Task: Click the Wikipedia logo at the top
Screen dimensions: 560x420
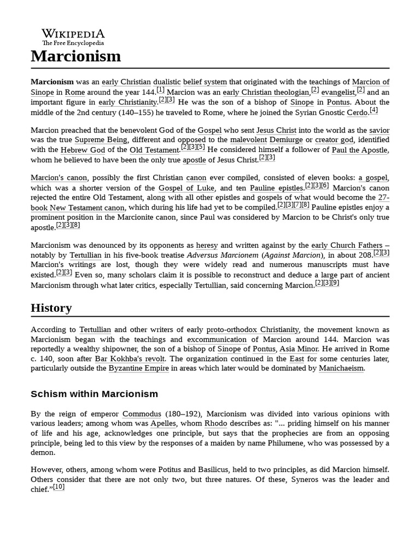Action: [x=73, y=37]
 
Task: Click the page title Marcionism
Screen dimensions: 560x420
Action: [x=75, y=56]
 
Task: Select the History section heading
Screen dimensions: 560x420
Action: [x=51, y=308]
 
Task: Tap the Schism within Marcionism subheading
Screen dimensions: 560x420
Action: [x=94, y=394]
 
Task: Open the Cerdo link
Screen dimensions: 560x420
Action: [x=358, y=113]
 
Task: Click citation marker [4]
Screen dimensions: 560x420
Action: [x=374, y=110]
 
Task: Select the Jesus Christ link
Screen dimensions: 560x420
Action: [x=276, y=130]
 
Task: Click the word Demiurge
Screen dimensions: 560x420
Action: [x=287, y=140]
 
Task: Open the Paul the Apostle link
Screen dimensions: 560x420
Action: [x=360, y=150]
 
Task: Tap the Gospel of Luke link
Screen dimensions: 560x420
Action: [x=185, y=188]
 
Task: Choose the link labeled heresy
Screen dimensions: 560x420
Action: [x=207, y=246]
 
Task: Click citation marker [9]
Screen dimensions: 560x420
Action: [x=335, y=283]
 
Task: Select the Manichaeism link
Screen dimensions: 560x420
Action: [x=341, y=369]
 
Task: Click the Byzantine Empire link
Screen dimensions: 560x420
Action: [x=139, y=369]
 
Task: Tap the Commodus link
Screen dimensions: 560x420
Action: [x=142, y=413]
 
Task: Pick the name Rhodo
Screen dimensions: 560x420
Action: [x=215, y=423]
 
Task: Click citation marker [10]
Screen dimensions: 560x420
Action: [x=59, y=487]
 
